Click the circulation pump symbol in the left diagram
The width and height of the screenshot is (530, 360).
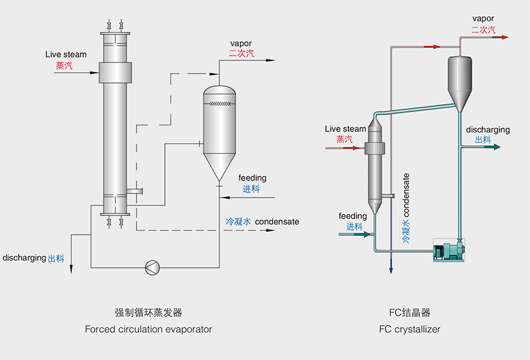tap(153, 267)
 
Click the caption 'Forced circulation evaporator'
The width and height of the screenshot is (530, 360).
tap(148, 329)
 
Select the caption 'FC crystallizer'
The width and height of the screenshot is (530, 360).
tap(409, 329)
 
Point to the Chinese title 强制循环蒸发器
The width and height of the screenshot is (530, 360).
tap(148, 312)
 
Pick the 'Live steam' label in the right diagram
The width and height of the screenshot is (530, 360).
tap(345, 129)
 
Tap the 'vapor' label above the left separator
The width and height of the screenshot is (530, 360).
tap(241, 44)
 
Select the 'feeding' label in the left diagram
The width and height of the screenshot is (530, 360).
tap(252, 178)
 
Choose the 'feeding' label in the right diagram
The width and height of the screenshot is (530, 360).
tap(352, 216)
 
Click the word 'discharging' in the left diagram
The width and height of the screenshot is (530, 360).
tap(25, 257)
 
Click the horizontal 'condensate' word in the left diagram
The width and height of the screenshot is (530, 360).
tap(277, 221)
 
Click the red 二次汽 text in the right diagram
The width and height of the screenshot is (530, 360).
tap(484, 30)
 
